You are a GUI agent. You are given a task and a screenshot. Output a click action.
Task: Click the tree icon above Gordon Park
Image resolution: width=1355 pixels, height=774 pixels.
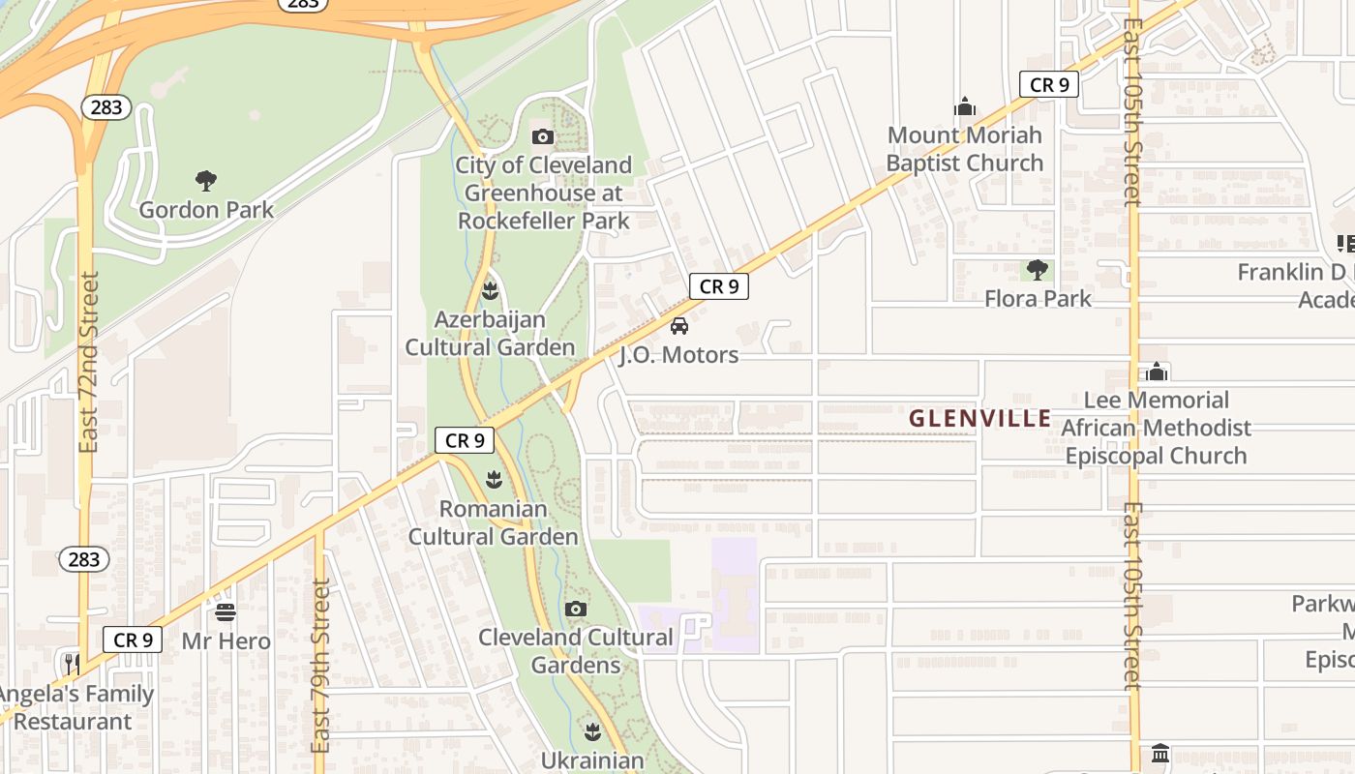[x=205, y=180]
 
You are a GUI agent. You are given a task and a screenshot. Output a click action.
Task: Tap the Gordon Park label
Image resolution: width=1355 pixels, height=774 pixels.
[x=206, y=210]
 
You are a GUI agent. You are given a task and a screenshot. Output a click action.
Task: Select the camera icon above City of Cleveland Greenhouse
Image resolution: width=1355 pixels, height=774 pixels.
[x=543, y=136]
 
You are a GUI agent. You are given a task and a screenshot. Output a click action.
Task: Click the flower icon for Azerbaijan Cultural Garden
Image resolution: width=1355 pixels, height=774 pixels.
[x=491, y=289]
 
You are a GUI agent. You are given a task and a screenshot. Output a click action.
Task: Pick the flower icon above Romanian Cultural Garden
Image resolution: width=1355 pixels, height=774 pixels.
[x=495, y=479]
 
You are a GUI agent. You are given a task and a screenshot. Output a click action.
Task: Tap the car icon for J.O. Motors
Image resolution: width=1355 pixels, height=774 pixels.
[x=679, y=326]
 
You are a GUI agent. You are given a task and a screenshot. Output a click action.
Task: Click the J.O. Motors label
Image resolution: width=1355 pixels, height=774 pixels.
[x=678, y=355]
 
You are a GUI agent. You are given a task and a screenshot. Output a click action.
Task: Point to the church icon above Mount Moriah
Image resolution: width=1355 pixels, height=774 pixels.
[x=964, y=105]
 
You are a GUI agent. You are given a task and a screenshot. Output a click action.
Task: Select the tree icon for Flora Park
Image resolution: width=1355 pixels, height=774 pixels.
[x=1038, y=270]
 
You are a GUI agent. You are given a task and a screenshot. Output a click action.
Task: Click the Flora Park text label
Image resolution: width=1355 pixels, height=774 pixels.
[x=1038, y=298]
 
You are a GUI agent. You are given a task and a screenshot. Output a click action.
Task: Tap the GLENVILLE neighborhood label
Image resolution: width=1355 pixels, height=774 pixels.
[x=979, y=419]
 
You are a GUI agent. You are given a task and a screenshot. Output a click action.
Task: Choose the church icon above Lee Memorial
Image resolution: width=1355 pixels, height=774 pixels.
[x=1157, y=372]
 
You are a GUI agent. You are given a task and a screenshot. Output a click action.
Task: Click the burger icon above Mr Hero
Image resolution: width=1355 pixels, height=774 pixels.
[x=226, y=611]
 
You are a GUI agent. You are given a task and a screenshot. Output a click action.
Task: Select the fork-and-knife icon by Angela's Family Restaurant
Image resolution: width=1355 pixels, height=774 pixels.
[x=73, y=665]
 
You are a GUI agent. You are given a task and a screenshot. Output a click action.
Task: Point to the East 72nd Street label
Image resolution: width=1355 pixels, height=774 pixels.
[x=89, y=362]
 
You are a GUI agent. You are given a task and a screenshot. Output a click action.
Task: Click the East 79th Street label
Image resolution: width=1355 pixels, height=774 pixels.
[x=321, y=666]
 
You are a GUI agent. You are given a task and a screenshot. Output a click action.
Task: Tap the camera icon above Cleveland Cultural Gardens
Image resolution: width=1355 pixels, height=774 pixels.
[x=576, y=609]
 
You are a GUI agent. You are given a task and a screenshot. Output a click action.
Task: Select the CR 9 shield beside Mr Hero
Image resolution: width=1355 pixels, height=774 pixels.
[x=133, y=640]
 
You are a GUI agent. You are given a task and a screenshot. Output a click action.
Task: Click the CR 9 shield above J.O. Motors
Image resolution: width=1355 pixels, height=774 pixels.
[x=719, y=286]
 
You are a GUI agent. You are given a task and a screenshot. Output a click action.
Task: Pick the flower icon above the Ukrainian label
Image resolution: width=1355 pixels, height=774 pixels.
[x=592, y=730]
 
